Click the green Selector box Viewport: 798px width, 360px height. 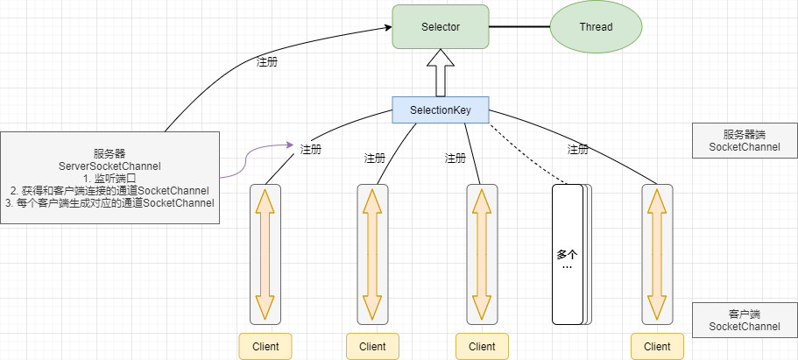coord(440,27)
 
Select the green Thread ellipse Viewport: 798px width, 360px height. coord(596,27)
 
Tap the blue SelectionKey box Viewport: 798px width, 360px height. coord(441,110)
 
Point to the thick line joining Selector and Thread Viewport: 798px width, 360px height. coord(519,27)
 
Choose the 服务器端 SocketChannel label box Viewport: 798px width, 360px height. coord(744,141)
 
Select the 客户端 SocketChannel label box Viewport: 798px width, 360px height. coord(744,320)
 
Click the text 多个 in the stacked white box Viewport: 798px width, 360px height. coord(567,254)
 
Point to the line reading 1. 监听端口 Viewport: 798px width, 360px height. coord(109,178)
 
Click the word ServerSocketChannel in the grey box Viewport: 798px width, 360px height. coord(109,166)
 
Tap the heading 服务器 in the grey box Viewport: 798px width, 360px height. coord(109,152)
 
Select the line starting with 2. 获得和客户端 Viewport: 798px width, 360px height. coord(109,190)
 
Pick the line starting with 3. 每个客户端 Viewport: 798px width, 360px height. coord(109,203)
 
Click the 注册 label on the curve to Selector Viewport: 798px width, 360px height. coord(267,63)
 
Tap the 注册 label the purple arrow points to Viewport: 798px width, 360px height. coord(311,149)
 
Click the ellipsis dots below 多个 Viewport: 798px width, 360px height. coord(567,266)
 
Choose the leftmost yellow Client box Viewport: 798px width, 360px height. coord(265,346)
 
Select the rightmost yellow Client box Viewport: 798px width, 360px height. coord(657,346)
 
